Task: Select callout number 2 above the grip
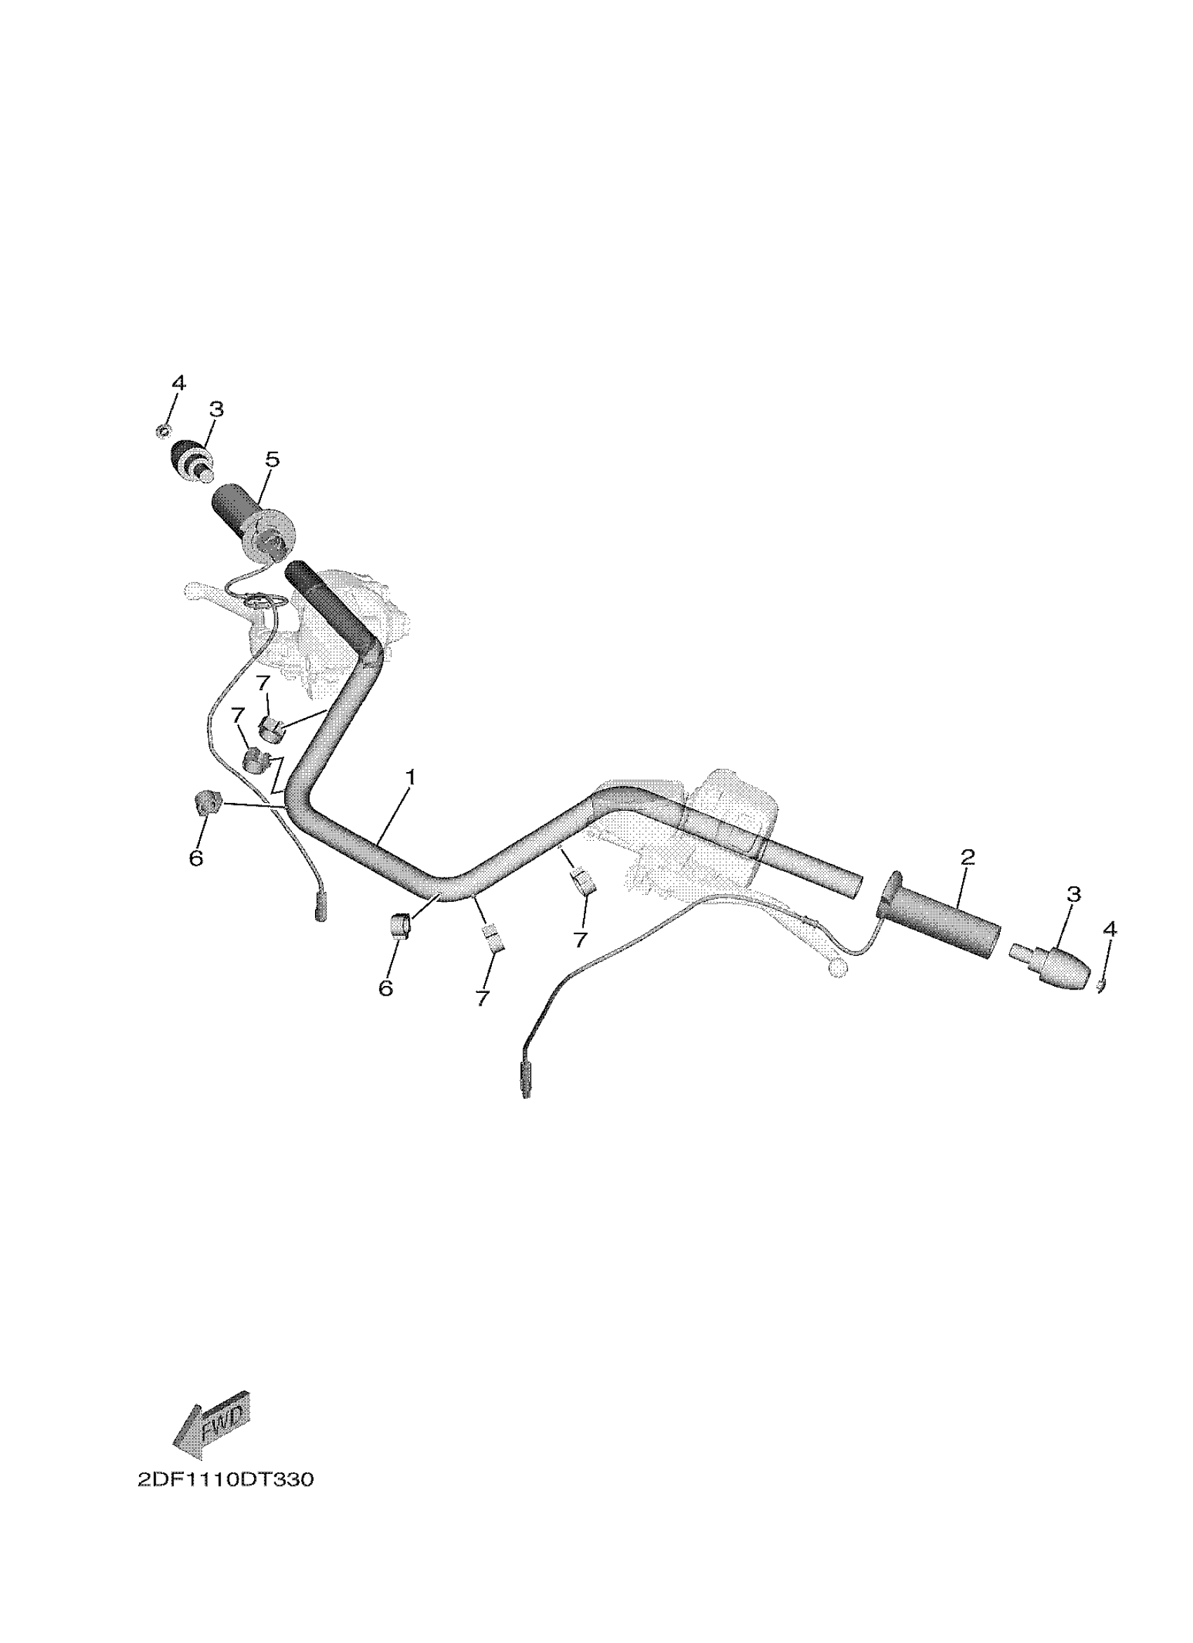click(968, 857)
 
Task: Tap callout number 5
click(272, 459)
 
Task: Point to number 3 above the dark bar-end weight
click(216, 410)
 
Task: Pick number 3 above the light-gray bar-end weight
click(1074, 894)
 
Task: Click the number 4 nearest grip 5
click(178, 382)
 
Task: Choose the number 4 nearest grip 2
click(1109, 928)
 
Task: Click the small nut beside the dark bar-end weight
click(163, 432)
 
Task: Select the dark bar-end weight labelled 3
click(190, 459)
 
